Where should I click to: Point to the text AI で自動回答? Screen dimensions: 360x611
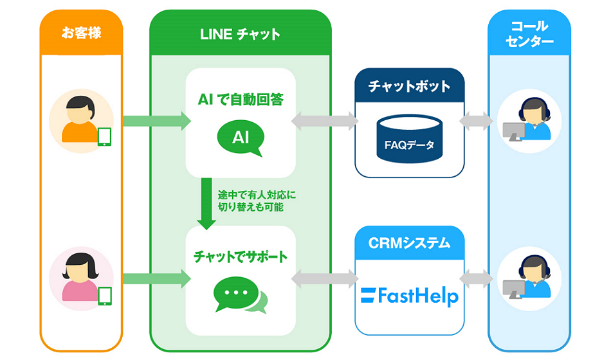click(x=240, y=100)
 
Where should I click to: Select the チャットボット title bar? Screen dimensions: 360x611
click(x=409, y=85)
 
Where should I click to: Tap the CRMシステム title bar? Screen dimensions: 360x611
click(x=409, y=243)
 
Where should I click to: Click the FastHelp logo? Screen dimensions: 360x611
click(x=409, y=296)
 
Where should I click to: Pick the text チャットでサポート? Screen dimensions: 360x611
click(x=240, y=256)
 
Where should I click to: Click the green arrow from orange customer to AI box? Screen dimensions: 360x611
click(x=156, y=121)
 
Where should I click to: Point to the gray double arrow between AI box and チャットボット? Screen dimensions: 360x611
click(x=325, y=121)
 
